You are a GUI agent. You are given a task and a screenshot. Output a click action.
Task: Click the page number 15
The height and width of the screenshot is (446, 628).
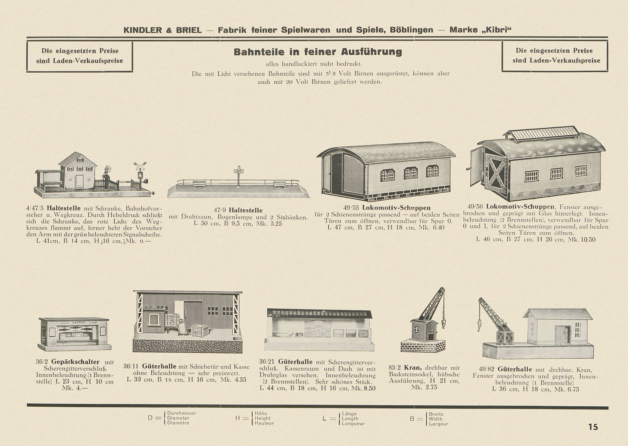(593, 427)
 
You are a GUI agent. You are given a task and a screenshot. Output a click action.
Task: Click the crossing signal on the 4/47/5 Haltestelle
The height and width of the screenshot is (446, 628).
(141, 168)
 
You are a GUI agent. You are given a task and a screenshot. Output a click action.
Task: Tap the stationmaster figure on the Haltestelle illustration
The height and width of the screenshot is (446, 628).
(106, 179)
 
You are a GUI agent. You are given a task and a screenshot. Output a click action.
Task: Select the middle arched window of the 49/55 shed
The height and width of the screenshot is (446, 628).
(410, 173)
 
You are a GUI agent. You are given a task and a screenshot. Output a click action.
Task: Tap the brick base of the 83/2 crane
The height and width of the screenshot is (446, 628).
(423, 345)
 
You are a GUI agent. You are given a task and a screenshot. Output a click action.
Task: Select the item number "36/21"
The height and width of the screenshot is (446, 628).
(267, 362)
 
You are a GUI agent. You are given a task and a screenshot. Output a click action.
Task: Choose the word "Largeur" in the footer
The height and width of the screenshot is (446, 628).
(438, 424)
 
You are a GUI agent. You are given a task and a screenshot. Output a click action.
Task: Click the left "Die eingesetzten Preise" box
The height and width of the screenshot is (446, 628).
(80, 56)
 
